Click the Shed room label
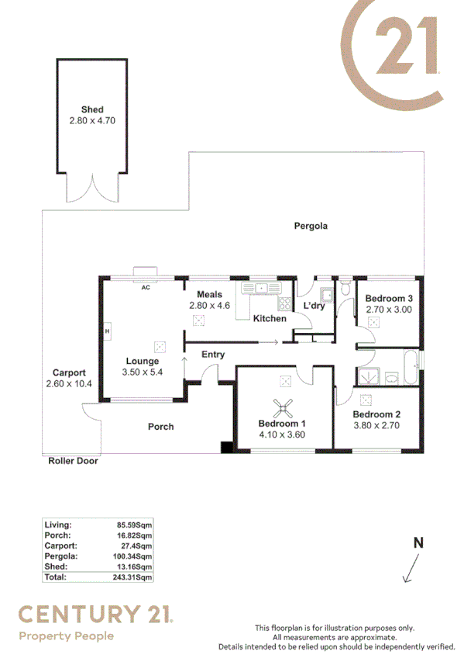coord(92,110)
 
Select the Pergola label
coord(311,227)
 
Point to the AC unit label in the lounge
coord(145,287)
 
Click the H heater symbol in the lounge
coord(108,331)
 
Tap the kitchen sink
coord(261,289)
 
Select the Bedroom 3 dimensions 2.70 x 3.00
coord(388,310)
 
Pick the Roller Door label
coord(73,460)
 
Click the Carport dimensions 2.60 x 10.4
coord(69,384)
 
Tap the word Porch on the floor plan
coord(161,427)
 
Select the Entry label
coord(213,355)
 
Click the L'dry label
coord(314,306)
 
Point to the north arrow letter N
coord(418,543)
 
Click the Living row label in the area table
coord(58,525)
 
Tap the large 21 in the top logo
coord(407,47)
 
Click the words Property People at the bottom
coord(66,636)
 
